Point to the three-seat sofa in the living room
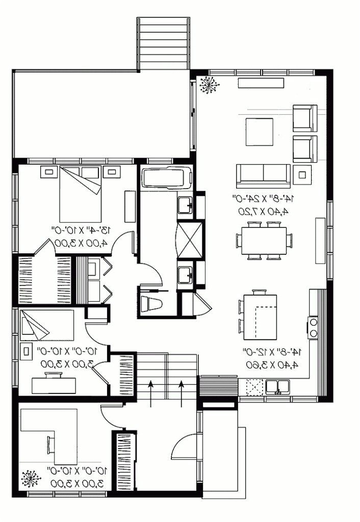(262, 175)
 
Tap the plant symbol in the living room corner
(208, 85)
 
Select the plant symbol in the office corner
(31, 479)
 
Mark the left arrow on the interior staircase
(151, 393)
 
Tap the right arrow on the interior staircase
(182, 393)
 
